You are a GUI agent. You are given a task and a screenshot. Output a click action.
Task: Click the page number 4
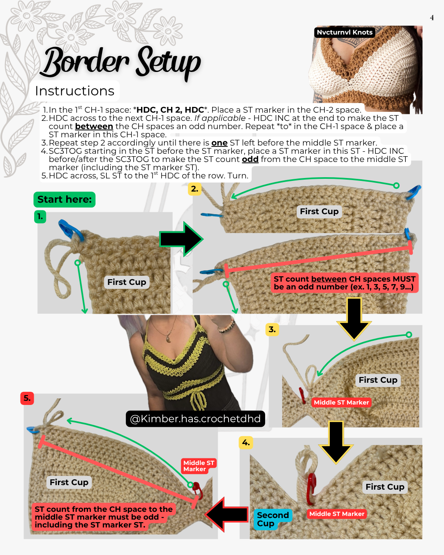point(432,18)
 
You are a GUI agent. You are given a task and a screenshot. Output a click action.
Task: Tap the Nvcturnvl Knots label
point(345,32)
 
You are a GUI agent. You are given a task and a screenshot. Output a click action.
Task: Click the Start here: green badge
point(65,199)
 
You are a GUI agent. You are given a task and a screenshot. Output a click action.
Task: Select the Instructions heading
point(74,91)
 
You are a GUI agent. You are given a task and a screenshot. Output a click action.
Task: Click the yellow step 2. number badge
point(194,189)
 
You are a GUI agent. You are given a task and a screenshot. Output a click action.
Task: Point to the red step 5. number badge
point(27,398)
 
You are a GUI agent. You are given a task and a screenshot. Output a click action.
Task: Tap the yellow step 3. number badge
point(272,329)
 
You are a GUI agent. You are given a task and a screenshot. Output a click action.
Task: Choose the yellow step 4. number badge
point(245,442)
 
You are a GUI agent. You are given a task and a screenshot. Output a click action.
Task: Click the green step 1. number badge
point(40,216)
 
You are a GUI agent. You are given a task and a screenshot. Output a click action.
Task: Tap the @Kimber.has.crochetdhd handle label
point(195,419)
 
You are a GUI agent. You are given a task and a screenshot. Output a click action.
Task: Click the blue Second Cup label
point(273,519)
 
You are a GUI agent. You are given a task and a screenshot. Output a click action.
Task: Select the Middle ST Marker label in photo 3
point(341,402)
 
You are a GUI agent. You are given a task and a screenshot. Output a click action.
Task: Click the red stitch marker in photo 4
point(311,488)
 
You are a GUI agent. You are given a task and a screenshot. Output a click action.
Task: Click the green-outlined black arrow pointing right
point(181,239)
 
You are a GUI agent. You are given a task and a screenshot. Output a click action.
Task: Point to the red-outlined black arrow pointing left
point(227,514)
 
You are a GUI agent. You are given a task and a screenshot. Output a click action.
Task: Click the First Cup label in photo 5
point(69,482)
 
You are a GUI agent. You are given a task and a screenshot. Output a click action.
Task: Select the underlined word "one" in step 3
point(219,143)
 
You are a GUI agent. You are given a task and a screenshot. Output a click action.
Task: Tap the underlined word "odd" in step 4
point(250,160)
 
